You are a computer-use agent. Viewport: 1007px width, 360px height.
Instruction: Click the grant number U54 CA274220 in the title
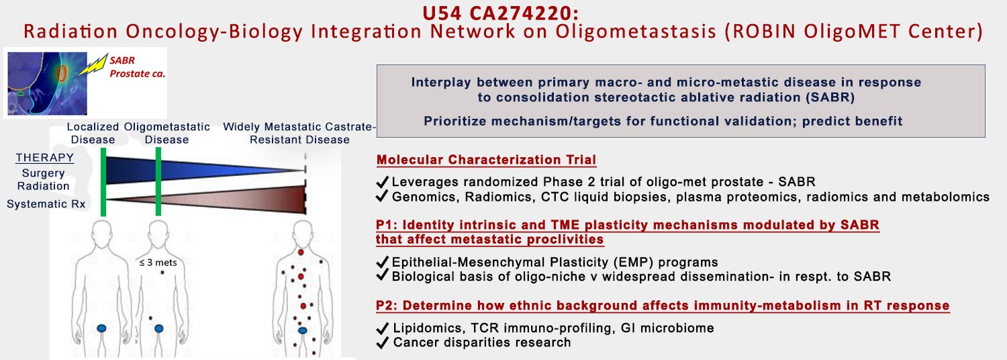click(500, 13)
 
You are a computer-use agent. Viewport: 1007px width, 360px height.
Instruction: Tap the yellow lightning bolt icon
click(93, 64)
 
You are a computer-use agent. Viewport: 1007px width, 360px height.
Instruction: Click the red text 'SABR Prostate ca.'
click(137, 67)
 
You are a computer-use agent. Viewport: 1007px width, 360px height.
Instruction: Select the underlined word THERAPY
click(45, 157)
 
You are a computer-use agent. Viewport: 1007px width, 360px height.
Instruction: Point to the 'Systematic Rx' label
click(46, 204)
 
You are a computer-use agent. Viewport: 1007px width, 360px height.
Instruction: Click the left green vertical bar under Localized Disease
click(103, 182)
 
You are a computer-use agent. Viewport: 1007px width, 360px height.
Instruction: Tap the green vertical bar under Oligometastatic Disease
click(158, 181)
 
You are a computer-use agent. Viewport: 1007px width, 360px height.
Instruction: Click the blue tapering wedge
click(205, 169)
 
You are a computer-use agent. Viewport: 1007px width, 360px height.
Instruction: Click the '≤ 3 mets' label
click(158, 263)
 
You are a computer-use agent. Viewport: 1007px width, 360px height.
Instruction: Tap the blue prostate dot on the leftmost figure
click(102, 328)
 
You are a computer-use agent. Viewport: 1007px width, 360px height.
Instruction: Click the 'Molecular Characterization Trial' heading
click(487, 160)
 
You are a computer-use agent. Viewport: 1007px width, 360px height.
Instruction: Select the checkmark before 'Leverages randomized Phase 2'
click(382, 181)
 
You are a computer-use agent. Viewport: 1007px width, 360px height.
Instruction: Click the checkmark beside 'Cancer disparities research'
click(382, 343)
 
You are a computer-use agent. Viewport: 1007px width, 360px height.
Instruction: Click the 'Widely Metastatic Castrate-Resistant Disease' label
click(299, 133)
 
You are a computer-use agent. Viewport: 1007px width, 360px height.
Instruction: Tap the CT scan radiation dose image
click(47, 83)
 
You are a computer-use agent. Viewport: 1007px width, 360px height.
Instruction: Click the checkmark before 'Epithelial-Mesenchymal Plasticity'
click(382, 262)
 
